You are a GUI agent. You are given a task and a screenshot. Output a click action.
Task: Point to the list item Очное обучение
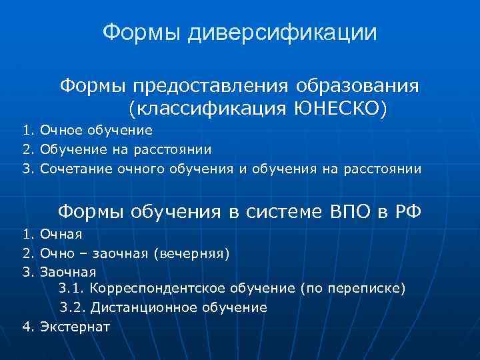coord(96,130)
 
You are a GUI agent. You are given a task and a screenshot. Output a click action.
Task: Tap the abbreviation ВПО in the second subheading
coord(354,211)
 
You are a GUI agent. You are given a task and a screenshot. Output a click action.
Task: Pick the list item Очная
coord(61,234)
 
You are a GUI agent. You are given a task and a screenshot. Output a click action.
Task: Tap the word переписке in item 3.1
coord(367,289)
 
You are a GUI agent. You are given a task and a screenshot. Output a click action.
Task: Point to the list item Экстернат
coord(75,327)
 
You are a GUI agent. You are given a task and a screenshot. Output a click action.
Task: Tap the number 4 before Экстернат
coord(27,327)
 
